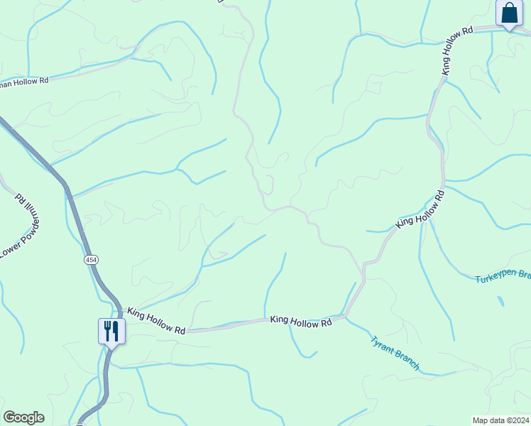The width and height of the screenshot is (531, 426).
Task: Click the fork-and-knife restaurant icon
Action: pos(111,330)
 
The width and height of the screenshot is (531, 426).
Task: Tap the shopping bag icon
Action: pos(509,13)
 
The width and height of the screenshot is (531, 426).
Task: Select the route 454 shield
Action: pos(91,260)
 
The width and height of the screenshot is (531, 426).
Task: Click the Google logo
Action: pos(23,417)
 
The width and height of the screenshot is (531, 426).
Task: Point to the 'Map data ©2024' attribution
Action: pos(500,420)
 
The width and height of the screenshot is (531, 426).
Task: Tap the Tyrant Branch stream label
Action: pos(395,353)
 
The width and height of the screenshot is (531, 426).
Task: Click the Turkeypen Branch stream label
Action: pos(503,275)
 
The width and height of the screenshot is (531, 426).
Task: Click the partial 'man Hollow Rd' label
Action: pos(24,81)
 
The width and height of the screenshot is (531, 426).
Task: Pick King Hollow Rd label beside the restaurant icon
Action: pos(157,321)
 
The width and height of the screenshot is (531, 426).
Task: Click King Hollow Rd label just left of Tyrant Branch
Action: pos(301,321)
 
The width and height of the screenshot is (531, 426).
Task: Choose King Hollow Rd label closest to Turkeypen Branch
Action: pos(420,209)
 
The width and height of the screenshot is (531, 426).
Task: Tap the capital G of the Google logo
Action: pos(10,417)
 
